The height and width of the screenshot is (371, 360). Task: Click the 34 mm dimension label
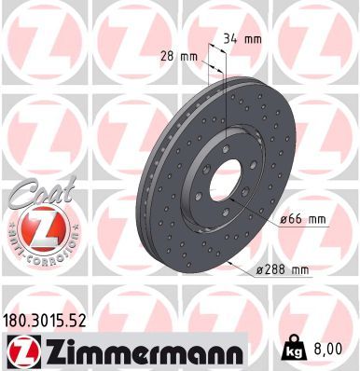[x=242, y=39]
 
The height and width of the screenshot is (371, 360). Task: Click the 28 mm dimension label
[x=179, y=57]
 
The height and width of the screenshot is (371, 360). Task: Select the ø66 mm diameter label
[x=303, y=220]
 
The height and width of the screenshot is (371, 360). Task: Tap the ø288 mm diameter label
[x=283, y=269]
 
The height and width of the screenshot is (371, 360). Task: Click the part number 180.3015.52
[x=44, y=321]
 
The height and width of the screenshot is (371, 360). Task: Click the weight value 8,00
[x=328, y=349]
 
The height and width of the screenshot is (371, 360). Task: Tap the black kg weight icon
[x=294, y=348]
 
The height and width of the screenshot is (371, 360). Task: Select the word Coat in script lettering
[x=43, y=192]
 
